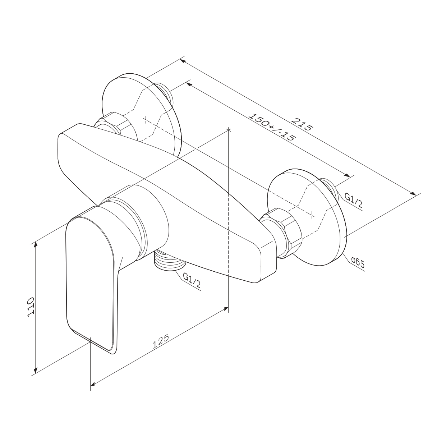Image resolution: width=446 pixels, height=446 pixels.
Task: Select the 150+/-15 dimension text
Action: pyautogui.click(x=272, y=127)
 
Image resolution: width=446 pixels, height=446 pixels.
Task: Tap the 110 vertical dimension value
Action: pyautogui.click(x=31, y=307)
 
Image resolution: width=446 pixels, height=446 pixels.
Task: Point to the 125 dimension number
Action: pyautogui.click(x=161, y=342)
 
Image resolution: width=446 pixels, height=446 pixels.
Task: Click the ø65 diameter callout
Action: pyautogui.click(x=358, y=263)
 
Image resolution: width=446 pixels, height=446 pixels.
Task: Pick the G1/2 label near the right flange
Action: pyautogui.click(x=353, y=200)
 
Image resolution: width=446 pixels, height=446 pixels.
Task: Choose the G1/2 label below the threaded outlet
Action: pyautogui.click(x=192, y=281)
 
